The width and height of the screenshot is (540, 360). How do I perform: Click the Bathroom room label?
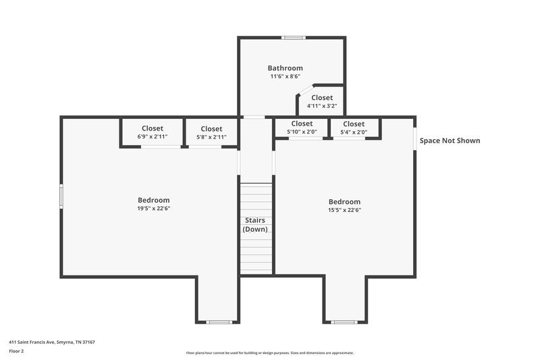285,68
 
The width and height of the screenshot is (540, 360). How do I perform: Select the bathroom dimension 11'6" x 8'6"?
285,77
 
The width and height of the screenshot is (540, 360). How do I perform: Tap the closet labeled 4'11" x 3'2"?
322,102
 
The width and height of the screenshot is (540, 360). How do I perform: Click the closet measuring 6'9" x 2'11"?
152,132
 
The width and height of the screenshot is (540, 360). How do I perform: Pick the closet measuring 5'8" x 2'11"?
211,132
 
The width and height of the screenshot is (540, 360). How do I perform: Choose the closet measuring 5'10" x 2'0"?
301,128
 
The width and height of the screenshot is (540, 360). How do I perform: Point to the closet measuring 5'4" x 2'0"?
354,128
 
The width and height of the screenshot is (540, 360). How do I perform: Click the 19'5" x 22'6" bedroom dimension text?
153,209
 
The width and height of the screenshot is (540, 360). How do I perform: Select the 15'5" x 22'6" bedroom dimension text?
344,210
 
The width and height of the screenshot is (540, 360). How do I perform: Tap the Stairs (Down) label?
255,225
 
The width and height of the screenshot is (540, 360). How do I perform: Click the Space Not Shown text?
450,141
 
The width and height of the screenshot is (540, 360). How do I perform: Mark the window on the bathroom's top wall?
292,38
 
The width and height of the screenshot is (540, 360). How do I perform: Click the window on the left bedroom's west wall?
61,197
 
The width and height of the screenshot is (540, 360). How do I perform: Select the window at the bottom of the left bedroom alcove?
218,322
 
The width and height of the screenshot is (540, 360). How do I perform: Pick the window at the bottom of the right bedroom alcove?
344,322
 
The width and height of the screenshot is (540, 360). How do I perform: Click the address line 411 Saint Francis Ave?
52,342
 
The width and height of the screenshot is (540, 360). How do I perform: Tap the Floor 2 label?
16,351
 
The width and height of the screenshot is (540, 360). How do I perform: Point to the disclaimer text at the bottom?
269,353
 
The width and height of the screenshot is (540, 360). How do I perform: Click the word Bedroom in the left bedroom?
153,200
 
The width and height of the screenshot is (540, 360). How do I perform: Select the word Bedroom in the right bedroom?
344,201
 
